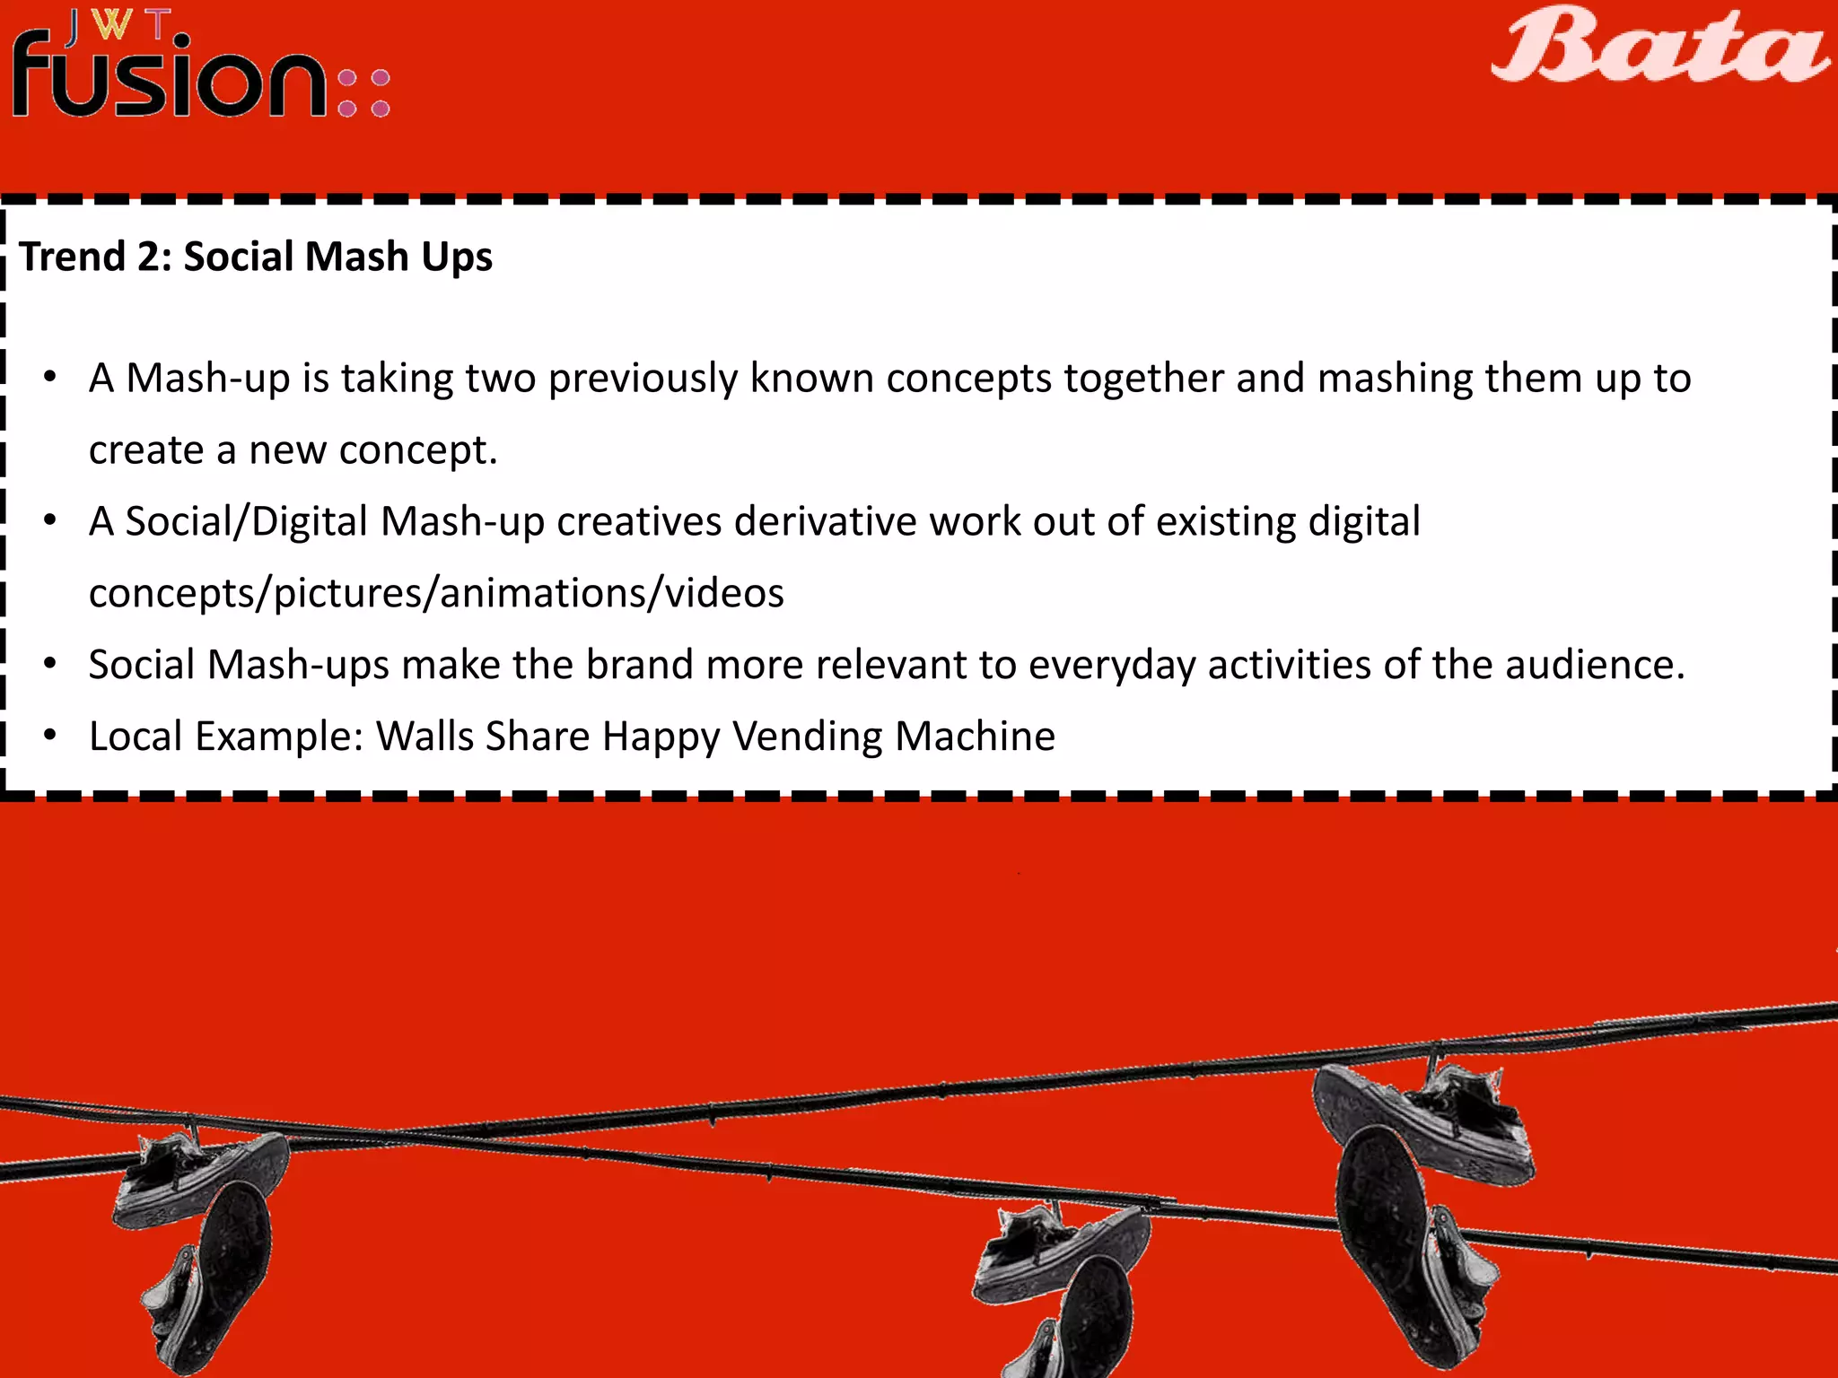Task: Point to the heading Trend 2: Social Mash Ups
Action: (x=256, y=257)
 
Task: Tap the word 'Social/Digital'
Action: (x=247, y=522)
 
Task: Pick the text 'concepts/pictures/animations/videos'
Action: (x=436, y=594)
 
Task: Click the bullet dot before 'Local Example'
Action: (x=50, y=736)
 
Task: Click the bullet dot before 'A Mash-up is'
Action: (x=50, y=377)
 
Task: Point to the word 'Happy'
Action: (x=661, y=737)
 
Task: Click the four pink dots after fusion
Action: (x=363, y=93)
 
